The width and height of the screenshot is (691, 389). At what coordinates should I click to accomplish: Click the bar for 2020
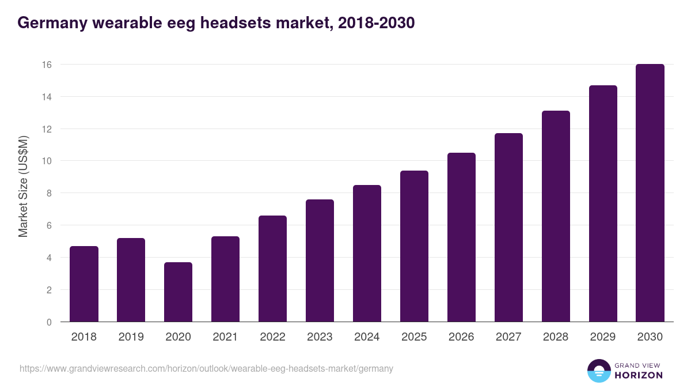point(178,292)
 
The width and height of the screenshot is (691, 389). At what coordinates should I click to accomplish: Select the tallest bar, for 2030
point(650,193)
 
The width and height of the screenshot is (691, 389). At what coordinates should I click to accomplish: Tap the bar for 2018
point(84,284)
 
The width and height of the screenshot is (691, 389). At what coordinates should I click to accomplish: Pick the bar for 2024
point(367,254)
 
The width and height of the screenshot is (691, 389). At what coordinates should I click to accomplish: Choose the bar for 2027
point(508,228)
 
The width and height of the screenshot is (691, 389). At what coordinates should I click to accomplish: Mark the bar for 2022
point(272,269)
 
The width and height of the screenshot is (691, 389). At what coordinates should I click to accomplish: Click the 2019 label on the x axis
point(131,337)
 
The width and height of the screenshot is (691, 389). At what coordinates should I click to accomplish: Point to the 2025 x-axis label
point(414,337)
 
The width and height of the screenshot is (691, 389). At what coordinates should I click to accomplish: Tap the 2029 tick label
point(603,337)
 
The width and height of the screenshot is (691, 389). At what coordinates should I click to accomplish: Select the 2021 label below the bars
point(225,337)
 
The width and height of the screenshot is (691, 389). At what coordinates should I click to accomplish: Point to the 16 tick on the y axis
point(47,65)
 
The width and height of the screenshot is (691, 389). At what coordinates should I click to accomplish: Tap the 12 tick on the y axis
point(47,129)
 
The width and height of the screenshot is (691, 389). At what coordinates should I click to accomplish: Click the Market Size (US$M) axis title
point(23,186)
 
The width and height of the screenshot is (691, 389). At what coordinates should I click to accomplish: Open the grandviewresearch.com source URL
point(206,368)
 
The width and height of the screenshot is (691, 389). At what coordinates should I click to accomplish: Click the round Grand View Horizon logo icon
point(598,371)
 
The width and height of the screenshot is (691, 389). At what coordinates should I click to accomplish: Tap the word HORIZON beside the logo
point(639,375)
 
